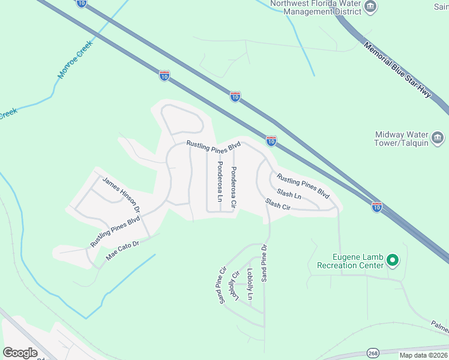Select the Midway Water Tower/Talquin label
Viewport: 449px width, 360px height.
[401, 139]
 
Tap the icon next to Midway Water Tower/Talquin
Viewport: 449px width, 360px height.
[438, 139]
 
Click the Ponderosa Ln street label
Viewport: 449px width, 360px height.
[220, 181]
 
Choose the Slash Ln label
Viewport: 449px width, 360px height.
[289, 194]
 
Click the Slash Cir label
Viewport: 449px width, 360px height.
[278, 204]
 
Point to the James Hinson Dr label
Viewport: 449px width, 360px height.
[121, 196]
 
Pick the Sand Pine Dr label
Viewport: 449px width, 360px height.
[264, 263]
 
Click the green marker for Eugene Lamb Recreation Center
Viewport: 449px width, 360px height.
[393, 260]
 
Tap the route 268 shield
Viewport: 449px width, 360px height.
[373, 352]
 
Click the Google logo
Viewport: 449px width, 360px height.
[20, 353]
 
